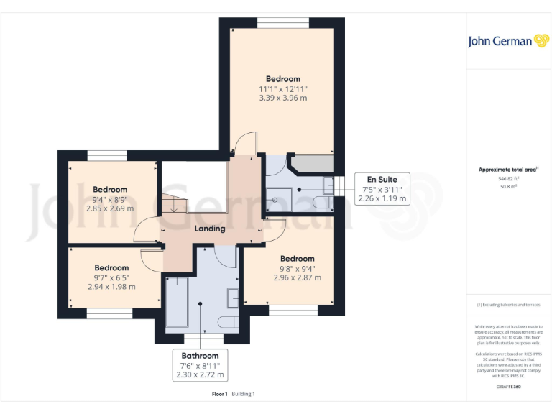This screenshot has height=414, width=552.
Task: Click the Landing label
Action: point(210,229)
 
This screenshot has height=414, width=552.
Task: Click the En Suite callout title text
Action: point(382,179)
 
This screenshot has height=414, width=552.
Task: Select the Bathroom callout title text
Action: point(199,356)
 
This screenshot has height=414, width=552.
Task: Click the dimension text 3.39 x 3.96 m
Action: point(282,98)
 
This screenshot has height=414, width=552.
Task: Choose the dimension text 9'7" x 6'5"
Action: point(111,277)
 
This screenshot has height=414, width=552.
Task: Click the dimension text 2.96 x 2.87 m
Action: point(297,277)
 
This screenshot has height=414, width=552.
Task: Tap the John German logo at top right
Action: point(508,41)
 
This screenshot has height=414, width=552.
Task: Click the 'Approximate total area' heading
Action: point(508,170)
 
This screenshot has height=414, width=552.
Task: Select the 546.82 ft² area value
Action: point(508,178)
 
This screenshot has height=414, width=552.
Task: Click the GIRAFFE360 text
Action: point(508,387)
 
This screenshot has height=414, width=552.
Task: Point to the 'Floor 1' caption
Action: point(219,394)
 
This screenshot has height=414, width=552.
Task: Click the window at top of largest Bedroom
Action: point(282,24)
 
